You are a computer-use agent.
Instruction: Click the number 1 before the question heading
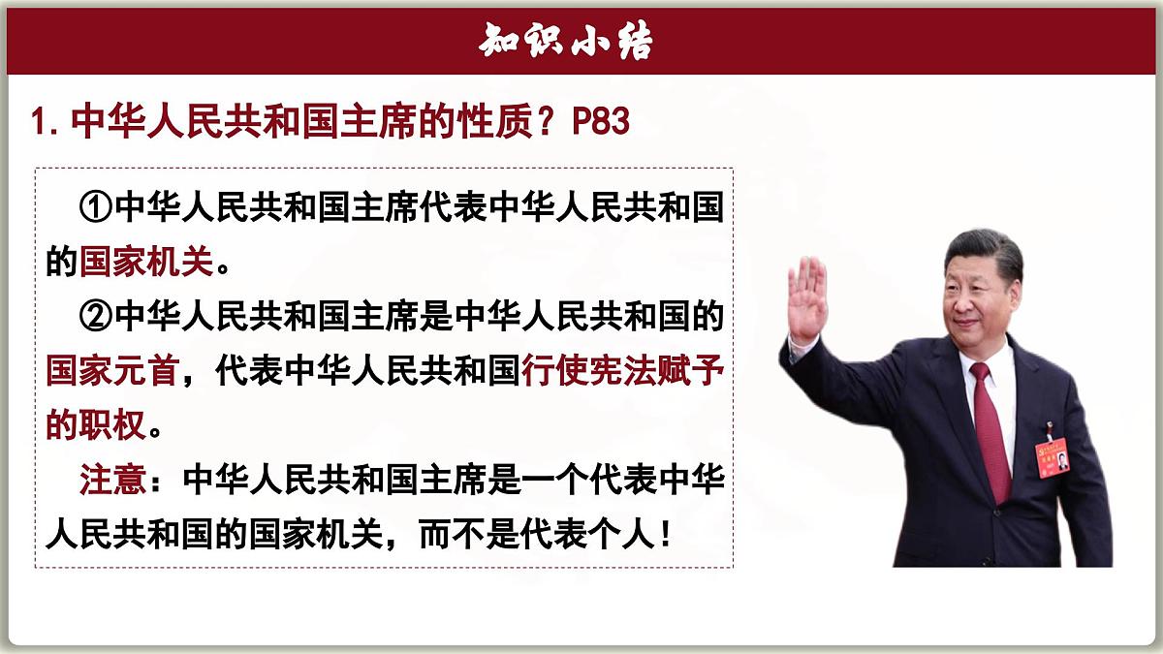[40, 123]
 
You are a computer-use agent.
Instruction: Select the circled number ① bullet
[97, 208]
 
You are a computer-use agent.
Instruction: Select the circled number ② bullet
[97, 317]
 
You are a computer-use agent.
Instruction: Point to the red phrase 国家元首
[111, 371]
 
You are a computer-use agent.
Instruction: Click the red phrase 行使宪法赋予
[623, 371]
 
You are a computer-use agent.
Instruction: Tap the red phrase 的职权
[96, 425]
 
